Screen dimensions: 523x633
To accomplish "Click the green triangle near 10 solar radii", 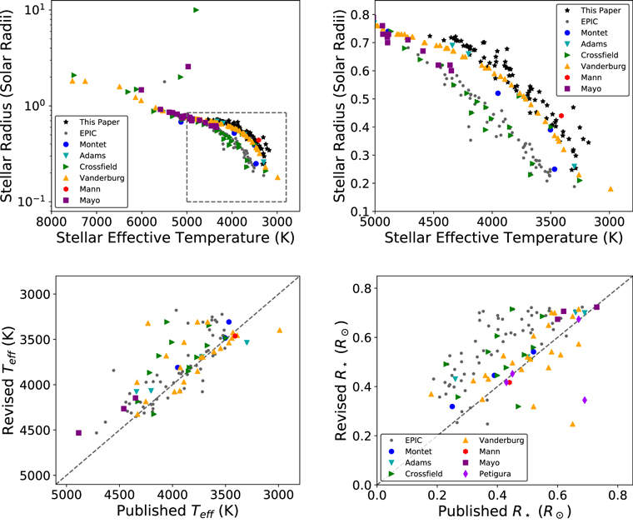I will coord(196,10).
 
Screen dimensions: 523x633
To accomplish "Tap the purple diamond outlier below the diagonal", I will coord(585,400).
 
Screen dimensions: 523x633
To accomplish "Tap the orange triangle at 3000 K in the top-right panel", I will coord(611,189).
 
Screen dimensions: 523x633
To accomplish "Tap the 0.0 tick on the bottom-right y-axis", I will coord(363,485).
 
